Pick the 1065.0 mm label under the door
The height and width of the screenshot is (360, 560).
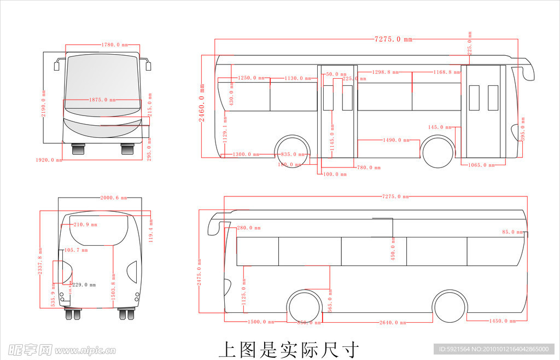pyautogui.click(x=482, y=165)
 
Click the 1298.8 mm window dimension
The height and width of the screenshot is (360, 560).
pyautogui.click(x=385, y=72)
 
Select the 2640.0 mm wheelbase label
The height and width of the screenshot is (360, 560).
pyautogui.click(x=393, y=322)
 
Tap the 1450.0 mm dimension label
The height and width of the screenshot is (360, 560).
pyautogui.click(x=502, y=321)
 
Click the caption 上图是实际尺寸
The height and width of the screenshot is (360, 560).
pyautogui.click(x=289, y=349)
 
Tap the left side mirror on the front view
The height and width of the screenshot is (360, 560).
pyautogui.click(x=56, y=66)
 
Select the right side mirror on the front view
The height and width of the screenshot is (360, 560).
pyautogui.click(x=148, y=66)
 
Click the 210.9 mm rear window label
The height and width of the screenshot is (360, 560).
pyautogui.click(x=85, y=224)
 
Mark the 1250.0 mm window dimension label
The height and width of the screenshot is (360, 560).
pyautogui.click(x=251, y=78)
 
